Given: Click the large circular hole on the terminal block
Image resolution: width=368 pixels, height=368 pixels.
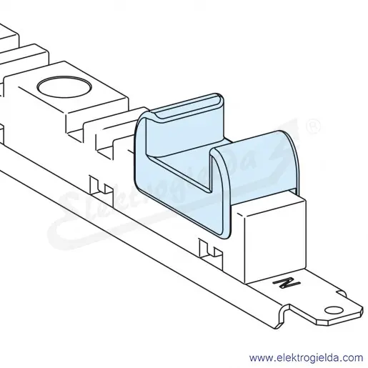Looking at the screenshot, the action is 64,87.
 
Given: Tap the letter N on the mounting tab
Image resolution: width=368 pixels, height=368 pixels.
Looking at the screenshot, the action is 287,283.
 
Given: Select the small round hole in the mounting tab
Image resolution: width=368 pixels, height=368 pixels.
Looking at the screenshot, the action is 334,310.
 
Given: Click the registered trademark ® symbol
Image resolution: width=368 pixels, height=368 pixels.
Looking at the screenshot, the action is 313,127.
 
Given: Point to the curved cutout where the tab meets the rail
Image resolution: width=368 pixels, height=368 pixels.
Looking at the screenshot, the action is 284,316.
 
